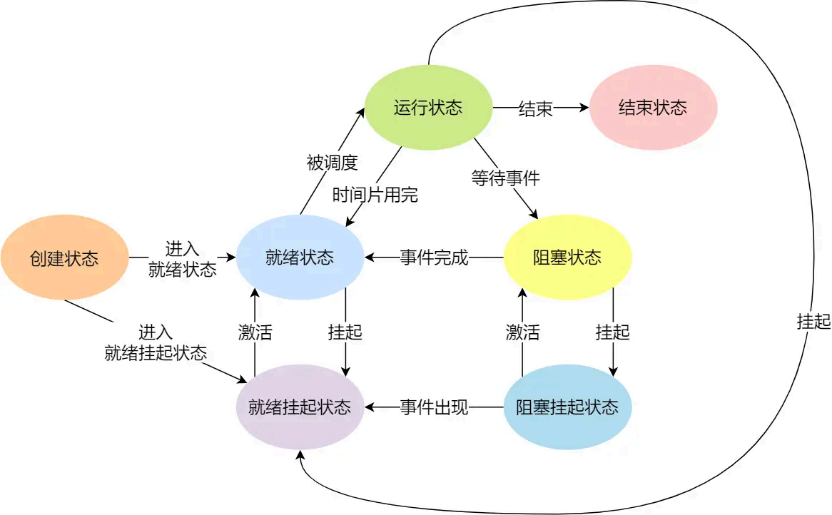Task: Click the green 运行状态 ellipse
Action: pos(428,108)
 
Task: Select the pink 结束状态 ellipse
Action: pos(653,108)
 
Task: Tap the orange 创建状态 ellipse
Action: pos(64,257)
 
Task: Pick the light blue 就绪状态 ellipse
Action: pos(300,257)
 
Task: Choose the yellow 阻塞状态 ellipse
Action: pos(567,257)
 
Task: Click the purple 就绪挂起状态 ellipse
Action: pos(300,407)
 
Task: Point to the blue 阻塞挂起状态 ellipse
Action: pos(567,407)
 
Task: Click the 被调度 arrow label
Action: pos(331,163)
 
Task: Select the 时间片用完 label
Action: pos(375,195)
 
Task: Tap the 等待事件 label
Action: pos(505,178)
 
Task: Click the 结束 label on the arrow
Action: pos(535,108)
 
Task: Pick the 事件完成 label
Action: pos(434,257)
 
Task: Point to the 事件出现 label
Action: pos(434,407)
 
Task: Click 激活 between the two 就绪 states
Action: pos(255,332)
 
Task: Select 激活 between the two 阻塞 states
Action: pos(522,332)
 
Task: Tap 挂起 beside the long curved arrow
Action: pos(813,322)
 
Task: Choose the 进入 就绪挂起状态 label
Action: pos(156,342)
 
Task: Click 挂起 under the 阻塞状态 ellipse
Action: pos(612,332)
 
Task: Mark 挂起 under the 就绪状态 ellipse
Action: pos(345,332)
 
